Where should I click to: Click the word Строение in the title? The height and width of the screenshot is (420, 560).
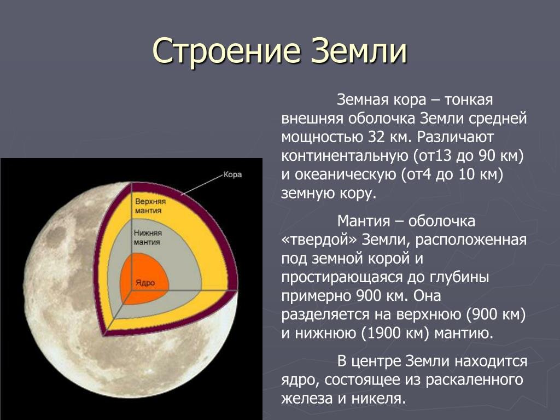point(226,50)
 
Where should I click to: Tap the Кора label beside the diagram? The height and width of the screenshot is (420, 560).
point(232,174)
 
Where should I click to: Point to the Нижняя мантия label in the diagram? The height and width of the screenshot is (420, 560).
point(148,237)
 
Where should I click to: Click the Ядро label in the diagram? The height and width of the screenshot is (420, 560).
point(145,283)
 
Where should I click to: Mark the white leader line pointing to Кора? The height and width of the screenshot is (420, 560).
point(202,185)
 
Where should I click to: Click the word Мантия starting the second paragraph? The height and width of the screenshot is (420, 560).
point(363,221)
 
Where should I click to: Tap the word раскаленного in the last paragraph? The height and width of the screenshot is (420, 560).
point(475,380)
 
